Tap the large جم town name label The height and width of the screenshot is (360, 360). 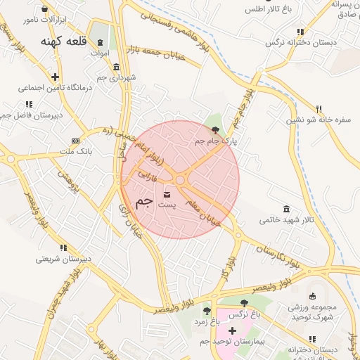coord(143,202)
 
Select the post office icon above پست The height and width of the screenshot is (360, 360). coord(167,193)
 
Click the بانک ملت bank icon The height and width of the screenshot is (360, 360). coord(75,141)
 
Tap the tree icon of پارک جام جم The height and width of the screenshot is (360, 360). coord(215,130)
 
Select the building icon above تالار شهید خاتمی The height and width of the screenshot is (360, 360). coord(285,209)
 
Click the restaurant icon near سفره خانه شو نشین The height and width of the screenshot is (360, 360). coord(319,109)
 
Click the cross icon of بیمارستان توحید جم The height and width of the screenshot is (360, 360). coord(232,330)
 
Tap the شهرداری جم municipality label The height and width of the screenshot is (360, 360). coord(117,77)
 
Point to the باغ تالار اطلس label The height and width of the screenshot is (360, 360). coord(269,10)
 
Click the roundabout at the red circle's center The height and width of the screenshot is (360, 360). coord(180,181)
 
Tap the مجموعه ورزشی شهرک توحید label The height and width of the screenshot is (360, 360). coord(313,312)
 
